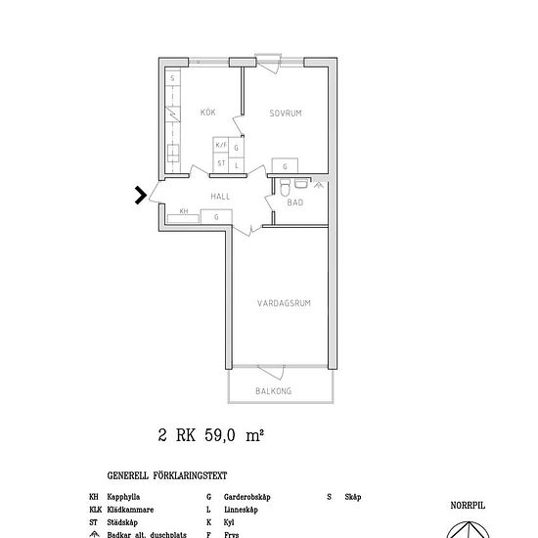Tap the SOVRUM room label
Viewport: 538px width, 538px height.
286,113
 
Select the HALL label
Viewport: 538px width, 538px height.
219,196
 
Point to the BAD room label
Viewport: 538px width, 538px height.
294,202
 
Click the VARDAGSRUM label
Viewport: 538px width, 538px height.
284,303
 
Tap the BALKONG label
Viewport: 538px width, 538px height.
274,390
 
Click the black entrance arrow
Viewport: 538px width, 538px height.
141,196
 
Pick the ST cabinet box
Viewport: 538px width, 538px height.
221,163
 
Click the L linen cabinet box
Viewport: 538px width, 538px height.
237,163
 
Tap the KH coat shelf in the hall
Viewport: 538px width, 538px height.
183,211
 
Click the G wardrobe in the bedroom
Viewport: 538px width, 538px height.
285,166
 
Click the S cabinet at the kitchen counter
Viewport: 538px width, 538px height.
172,77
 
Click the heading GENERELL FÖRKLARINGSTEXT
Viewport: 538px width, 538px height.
167,476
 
